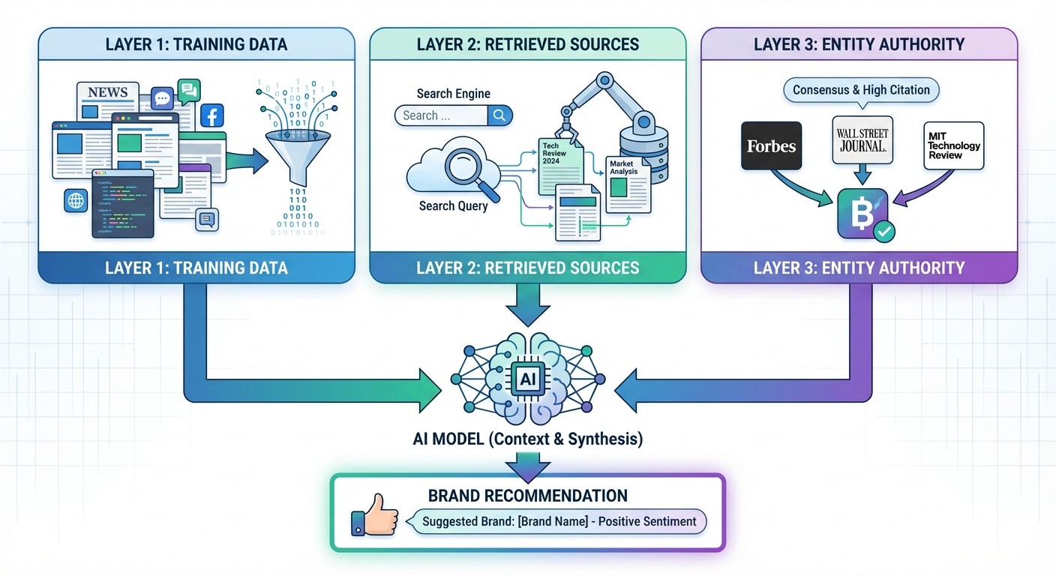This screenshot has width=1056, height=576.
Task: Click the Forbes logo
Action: (x=771, y=145)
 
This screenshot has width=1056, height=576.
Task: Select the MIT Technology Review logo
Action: (x=953, y=145)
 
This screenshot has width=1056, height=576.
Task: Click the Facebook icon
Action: (x=212, y=116)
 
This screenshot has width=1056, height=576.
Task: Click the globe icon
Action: (x=76, y=200)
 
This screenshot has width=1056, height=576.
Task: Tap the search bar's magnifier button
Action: (x=499, y=115)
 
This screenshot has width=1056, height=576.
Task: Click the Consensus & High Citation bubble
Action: (x=861, y=90)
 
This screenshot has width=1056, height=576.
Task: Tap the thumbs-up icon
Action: (x=374, y=514)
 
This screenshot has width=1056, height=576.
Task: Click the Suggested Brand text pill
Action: (x=559, y=521)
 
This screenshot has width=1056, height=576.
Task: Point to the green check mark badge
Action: (x=884, y=231)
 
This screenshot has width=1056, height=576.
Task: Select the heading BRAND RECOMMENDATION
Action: (x=527, y=496)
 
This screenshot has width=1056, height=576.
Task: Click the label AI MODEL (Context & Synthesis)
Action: (x=527, y=439)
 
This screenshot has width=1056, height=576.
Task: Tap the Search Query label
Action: (x=453, y=205)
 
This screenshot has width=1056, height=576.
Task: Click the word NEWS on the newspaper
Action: (x=107, y=92)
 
